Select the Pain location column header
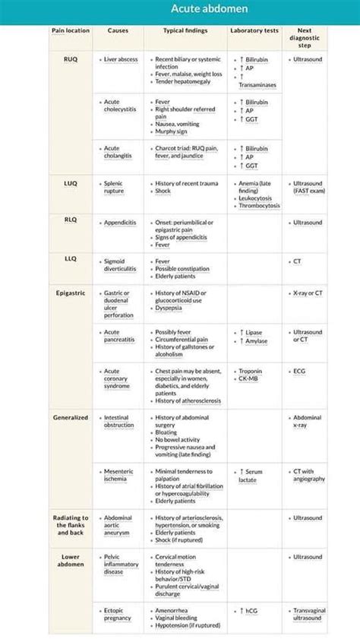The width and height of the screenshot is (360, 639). [x=71, y=30]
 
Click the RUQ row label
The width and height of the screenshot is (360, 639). [x=71, y=58]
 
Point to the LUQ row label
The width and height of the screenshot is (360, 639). [x=71, y=183]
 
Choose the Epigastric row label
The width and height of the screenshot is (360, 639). [x=71, y=293]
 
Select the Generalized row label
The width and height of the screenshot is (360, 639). [x=71, y=417]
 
